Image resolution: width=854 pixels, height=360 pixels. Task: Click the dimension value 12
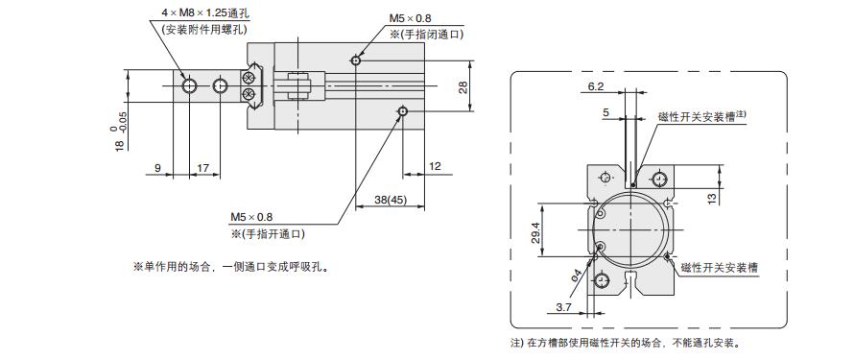tap(435, 166)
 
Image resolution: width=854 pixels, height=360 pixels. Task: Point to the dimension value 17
tap(202, 167)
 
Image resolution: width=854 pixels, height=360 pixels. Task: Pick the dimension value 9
tap(158, 167)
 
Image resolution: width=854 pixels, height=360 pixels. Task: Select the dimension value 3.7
tap(565, 306)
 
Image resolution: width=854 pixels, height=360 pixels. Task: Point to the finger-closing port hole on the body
tap(356, 60)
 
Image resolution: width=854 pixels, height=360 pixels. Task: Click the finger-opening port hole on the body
tap(403, 113)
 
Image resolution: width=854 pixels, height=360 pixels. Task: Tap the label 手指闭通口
tap(427, 34)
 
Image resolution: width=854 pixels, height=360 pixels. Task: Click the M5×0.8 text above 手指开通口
tap(251, 216)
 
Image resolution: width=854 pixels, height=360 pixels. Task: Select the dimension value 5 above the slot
tap(606, 112)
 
